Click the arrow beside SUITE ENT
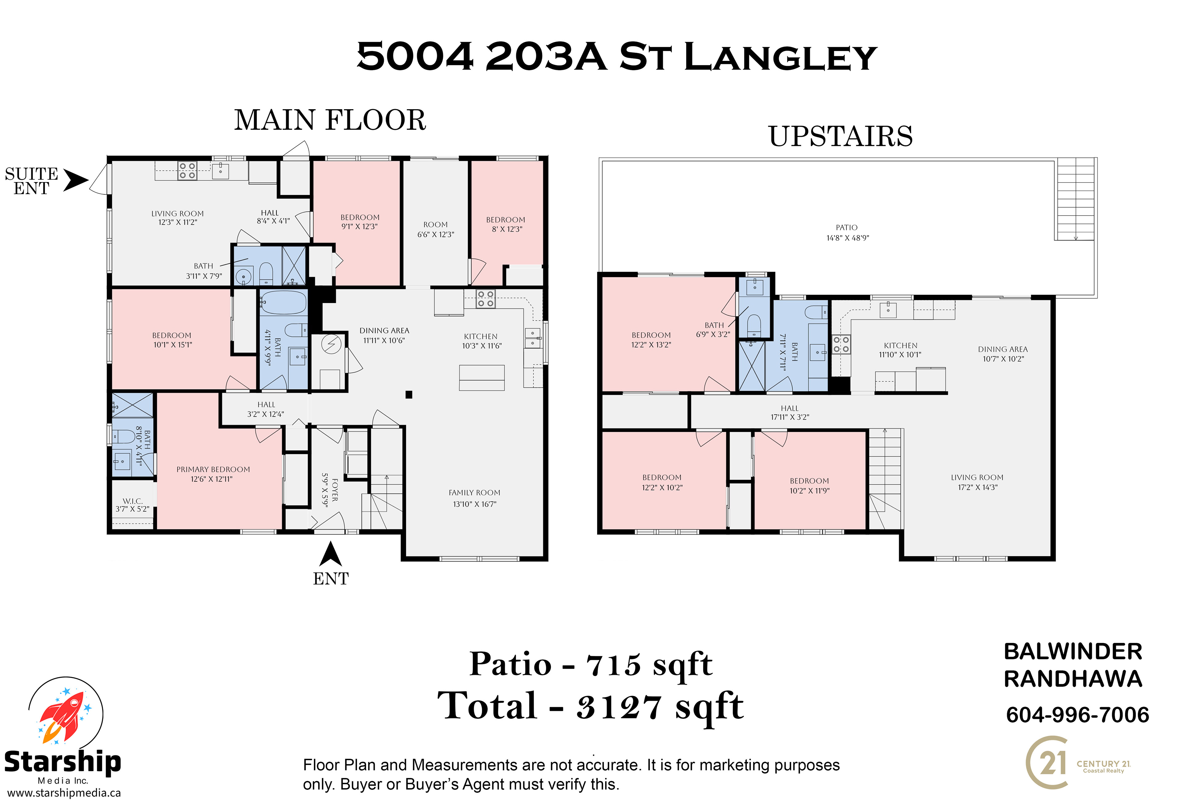[x=76, y=181]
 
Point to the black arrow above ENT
[x=331, y=554]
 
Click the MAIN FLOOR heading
[x=330, y=121]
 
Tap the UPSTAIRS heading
[x=841, y=136]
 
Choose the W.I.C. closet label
[x=133, y=501]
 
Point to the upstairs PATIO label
[x=847, y=228]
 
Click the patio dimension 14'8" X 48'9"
[x=848, y=238]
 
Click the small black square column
[x=408, y=394]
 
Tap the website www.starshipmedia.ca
[x=64, y=793]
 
